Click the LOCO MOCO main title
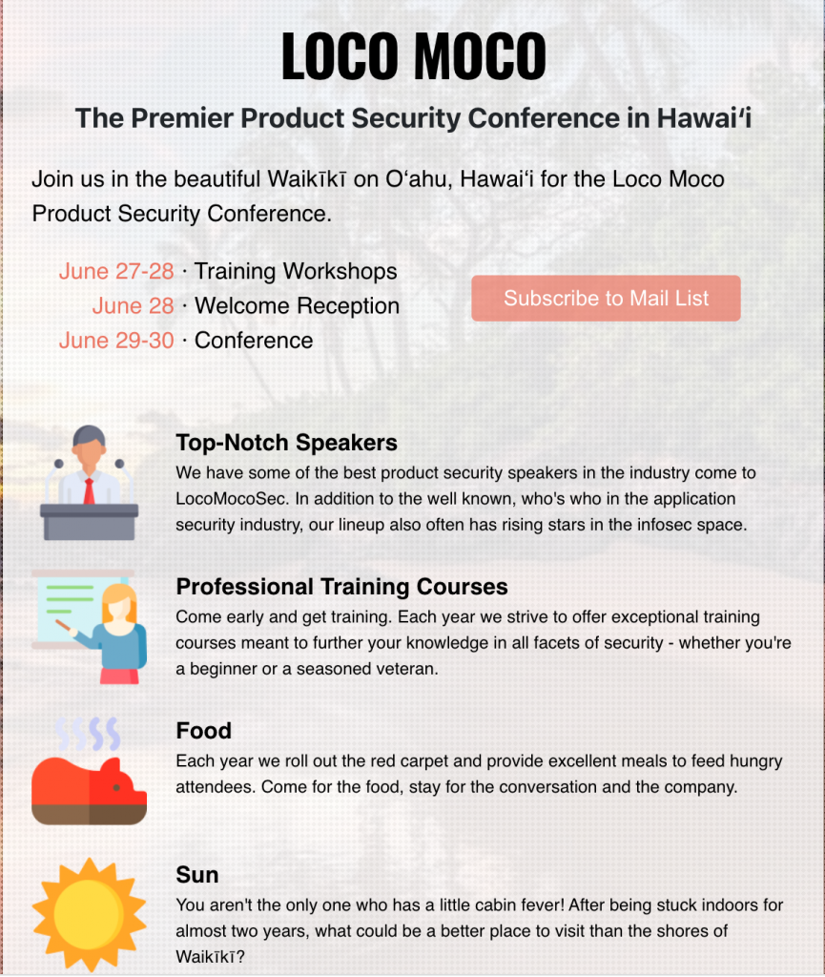point(413,56)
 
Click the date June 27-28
point(116,271)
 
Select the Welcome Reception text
point(297,306)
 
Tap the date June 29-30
point(116,341)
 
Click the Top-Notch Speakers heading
point(286,443)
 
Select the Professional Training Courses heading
point(341,587)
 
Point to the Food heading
point(203,730)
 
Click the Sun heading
point(197,874)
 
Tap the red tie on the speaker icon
point(90,491)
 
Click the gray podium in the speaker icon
point(90,522)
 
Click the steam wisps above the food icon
point(87,734)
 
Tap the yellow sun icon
point(90,914)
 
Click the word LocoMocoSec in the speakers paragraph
point(232,498)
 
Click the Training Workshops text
point(296,272)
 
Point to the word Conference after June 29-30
point(254,341)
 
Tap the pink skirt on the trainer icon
point(119,676)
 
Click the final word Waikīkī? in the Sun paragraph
point(211,956)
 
